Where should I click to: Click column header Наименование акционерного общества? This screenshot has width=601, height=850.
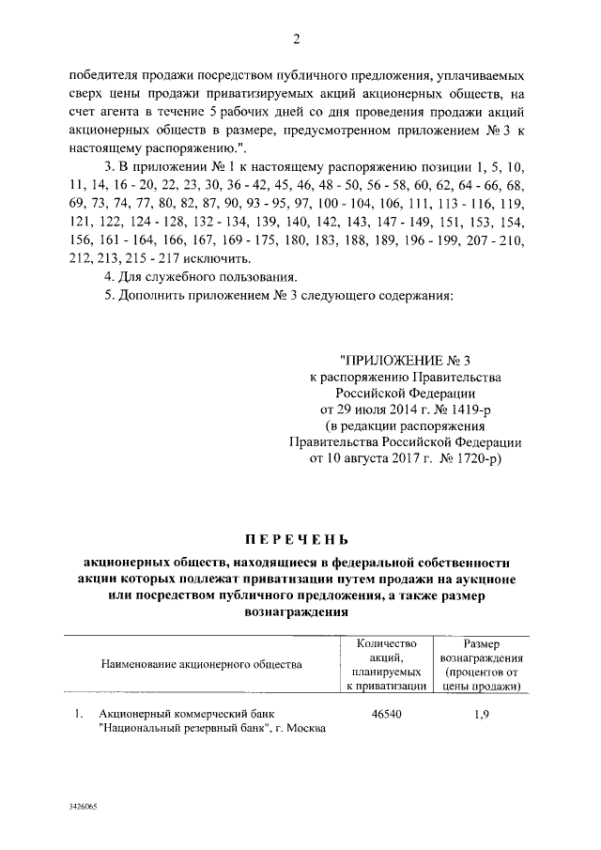[x=202, y=664]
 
